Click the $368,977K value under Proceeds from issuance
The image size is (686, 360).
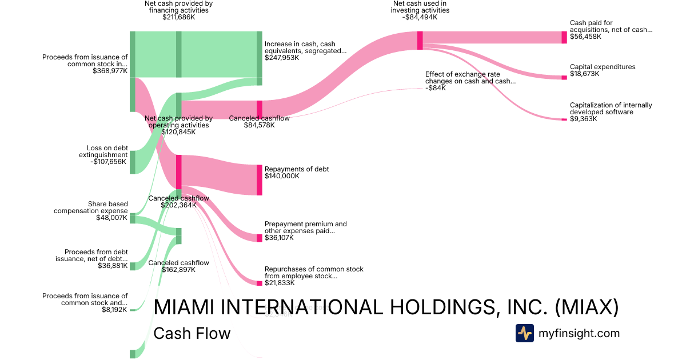click(110, 71)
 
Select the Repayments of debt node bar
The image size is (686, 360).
click(260, 180)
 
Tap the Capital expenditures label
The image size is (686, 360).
click(602, 67)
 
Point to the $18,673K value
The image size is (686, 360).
click(584, 74)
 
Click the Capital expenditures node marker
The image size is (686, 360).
click(564, 78)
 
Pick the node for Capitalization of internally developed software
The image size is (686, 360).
click(564, 119)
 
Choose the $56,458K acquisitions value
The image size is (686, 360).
click(584, 37)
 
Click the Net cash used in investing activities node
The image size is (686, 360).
click(420, 40)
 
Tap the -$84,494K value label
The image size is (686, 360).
click(420, 17)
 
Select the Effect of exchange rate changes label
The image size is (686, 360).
click(470, 78)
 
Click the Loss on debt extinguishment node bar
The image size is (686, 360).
click(133, 162)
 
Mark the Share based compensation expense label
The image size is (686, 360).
click(91, 207)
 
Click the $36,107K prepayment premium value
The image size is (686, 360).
click(279, 238)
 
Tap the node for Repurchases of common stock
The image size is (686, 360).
click(260, 282)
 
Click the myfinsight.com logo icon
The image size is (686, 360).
click(525, 333)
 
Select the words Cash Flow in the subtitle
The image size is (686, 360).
click(192, 333)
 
